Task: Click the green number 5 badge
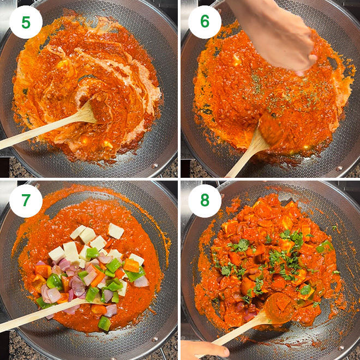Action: pyautogui.click(x=26, y=22)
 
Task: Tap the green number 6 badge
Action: pyautogui.click(x=205, y=22)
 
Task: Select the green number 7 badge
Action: pyautogui.click(x=26, y=201)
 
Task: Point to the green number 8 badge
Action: pyautogui.click(x=205, y=201)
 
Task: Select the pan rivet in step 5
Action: pyautogui.click(x=155, y=165)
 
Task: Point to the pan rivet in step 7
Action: pyautogui.click(x=155, y=339)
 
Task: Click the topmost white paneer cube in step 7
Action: pyautogui.click(x=116, y=231)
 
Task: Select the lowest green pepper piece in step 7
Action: pyautogui.click(x=105, y=323)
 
